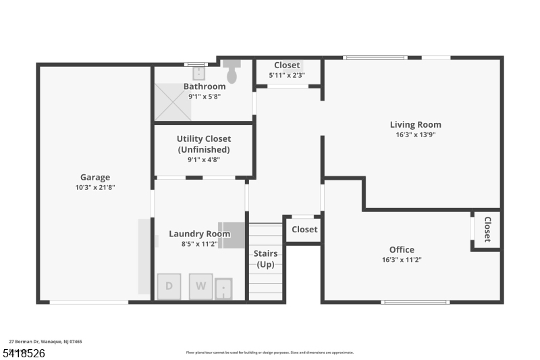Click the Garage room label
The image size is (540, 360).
click(x=94, y=178)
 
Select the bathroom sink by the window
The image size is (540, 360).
click(x=198, y=73)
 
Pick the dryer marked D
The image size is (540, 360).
click(x=169, y=286)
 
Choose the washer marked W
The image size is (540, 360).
click(x=200, y=286)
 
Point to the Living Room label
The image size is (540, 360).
click(x=415, y=124)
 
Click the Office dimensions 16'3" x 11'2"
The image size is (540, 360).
click(x=402, y=260)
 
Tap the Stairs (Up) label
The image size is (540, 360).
click(x=266, y=259)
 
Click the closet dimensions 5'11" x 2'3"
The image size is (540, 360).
click(x=287, y=76)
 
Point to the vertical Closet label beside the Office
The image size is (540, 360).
click(x=487, y=230)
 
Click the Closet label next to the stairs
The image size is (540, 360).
click(x=304, y=230)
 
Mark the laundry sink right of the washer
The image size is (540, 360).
click(x=223, y=290)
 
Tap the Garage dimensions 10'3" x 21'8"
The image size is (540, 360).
click(x=94, y=188)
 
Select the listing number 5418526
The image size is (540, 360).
click(x=25, y=353)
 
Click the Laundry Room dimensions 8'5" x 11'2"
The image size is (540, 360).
click(x=199, y=245)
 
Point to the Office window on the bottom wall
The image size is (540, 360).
click(x=414, y=301)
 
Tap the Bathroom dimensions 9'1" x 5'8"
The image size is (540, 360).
click(x=204, y=97)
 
